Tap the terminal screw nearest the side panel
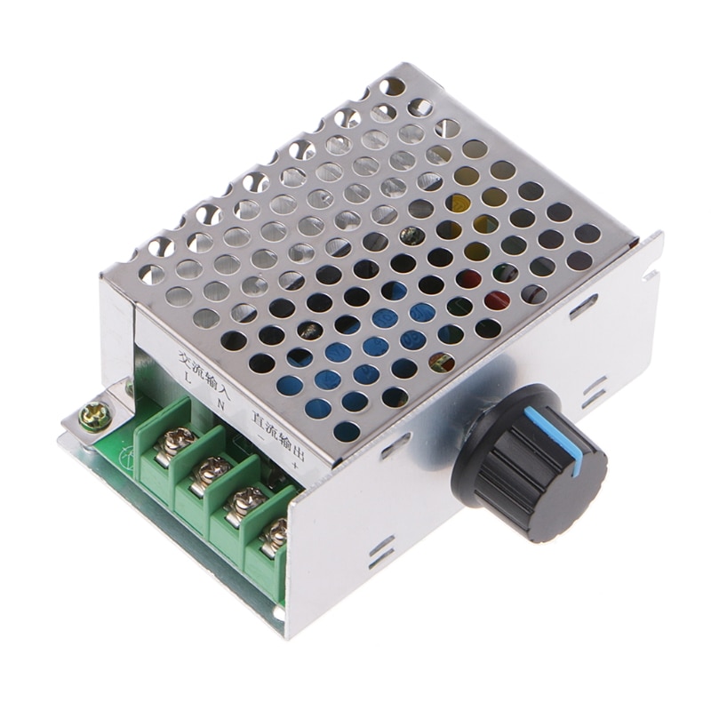coord(276,533)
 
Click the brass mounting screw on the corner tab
coord(92,412)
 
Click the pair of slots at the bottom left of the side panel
coord(382,552)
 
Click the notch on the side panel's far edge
coord(651,275)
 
